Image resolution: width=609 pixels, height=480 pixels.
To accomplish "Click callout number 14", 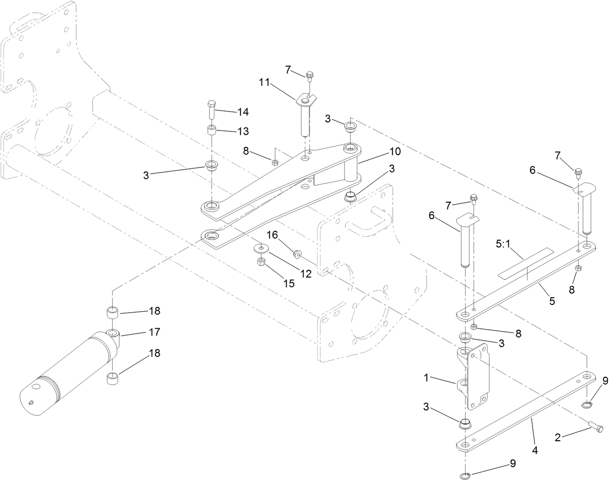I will click(242, 112).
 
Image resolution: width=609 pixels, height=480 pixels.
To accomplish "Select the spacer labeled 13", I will click(212, 130).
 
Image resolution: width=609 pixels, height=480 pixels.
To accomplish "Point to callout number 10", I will click(395, 151).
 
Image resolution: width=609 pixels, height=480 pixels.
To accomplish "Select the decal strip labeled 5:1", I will click(526, 264).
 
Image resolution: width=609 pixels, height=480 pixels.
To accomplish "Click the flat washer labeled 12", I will click(262, 249).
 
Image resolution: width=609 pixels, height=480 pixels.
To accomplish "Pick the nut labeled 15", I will click(260, 262).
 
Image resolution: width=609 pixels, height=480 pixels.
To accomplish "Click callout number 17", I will click(154, 333).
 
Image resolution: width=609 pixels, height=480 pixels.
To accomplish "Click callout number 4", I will click(535, 450).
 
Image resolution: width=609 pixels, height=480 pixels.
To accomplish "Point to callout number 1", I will click(426, 378).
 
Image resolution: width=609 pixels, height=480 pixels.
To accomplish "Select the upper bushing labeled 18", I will click(112, 311).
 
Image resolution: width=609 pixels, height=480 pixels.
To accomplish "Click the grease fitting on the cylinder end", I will click(30, 401).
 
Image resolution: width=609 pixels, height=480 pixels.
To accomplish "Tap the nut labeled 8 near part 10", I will click(275, 162).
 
